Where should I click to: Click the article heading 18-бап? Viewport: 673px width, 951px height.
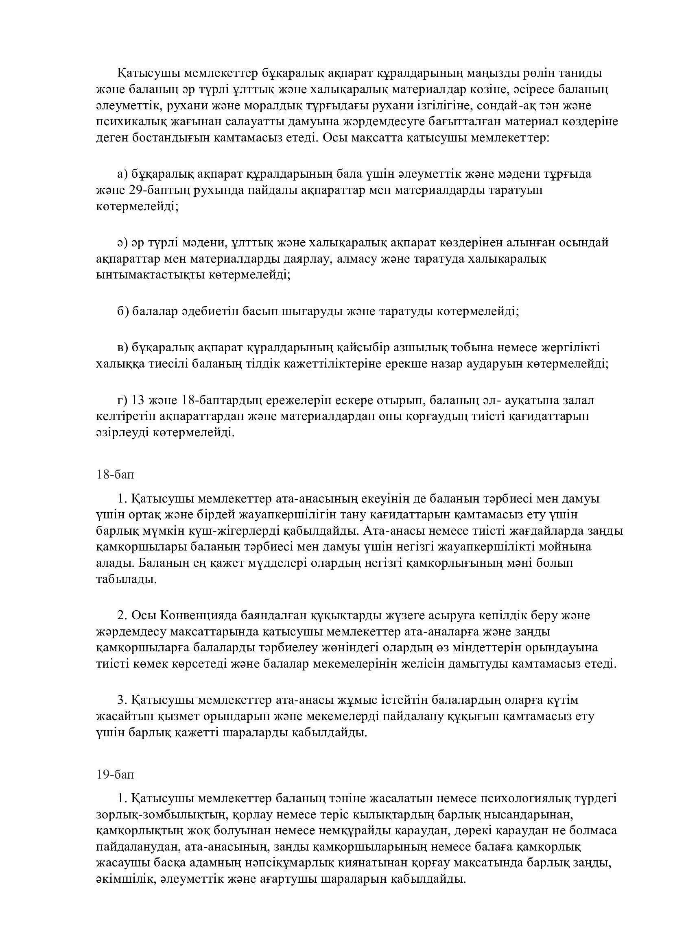(x=115, y=474)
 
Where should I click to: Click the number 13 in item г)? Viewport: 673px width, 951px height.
(x=138, y=400)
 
